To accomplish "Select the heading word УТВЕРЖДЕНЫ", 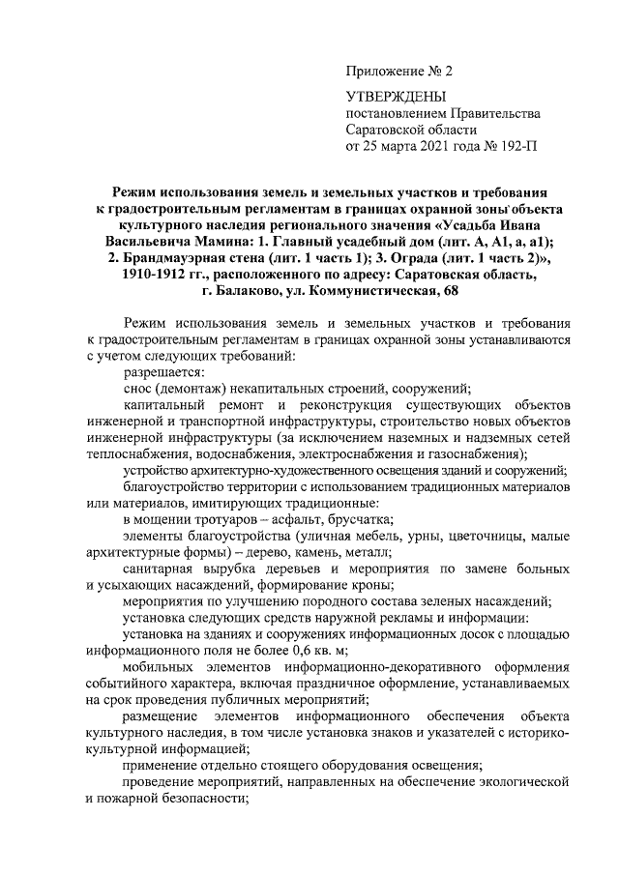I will [x=397, y=97].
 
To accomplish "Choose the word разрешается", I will [x=164, y=372].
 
